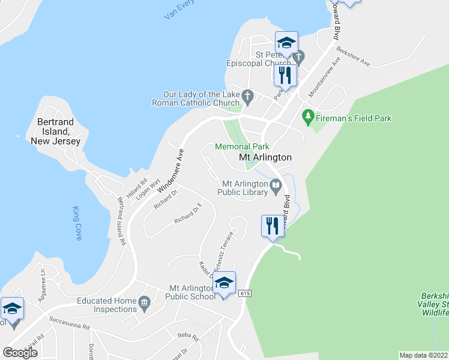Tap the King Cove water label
77,223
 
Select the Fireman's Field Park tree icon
309,115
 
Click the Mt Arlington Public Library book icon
276,187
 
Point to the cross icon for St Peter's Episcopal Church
299,58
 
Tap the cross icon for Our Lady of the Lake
247,95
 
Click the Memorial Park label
242,146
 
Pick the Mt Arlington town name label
265,157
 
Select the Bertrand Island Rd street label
121,221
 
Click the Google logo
20,353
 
